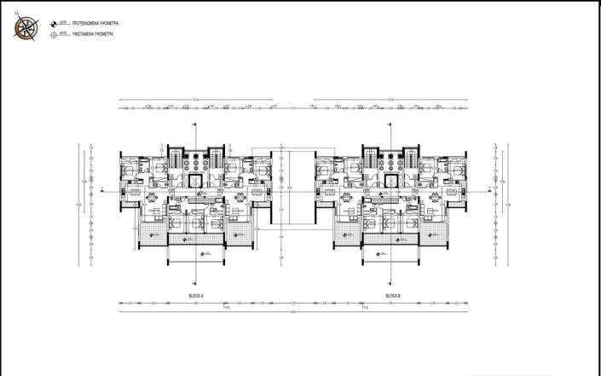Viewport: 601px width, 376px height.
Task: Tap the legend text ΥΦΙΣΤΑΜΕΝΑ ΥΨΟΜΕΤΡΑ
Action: pos(92,35)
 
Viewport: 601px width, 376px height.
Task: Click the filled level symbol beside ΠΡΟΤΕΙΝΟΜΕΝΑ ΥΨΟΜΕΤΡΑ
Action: pos(55,25)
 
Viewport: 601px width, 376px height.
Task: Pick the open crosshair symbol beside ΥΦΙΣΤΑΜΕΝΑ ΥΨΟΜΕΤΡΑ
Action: pos(55,35)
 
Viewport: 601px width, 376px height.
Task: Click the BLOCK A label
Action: pos(196,295)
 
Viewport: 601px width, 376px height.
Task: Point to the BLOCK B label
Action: pos(393,295)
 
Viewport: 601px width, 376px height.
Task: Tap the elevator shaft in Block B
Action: pos(392,182)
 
